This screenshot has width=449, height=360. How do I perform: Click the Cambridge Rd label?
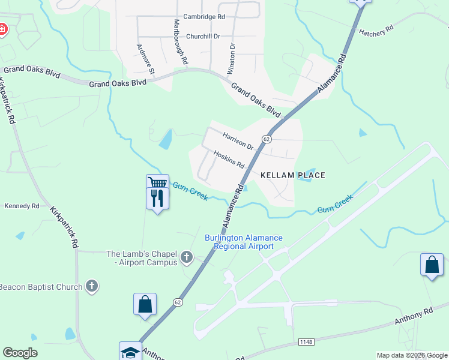204,17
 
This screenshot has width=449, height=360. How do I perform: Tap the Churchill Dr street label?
205,36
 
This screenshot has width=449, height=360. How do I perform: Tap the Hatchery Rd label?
376,31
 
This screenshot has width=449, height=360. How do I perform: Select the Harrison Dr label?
238,141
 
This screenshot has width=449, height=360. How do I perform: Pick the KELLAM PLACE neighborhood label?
293,175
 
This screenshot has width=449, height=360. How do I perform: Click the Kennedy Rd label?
22,206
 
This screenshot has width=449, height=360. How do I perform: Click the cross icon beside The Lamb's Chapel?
187,257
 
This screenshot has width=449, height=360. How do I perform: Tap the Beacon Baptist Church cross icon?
91,286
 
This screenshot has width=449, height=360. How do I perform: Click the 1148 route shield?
306,341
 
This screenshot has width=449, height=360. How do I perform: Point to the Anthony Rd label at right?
414,317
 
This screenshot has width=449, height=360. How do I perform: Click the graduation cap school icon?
130,353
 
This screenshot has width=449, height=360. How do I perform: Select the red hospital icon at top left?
2,29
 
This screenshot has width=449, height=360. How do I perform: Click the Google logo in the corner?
20,353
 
